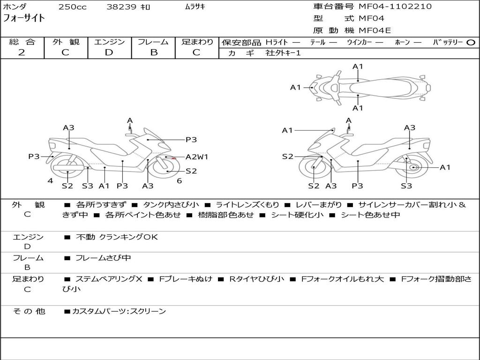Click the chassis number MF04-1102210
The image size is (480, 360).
tap(395, 7)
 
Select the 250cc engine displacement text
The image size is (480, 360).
tap(73, 7)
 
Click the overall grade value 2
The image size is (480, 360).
tap(22, 52)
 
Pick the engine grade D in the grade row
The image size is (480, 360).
tap(109, 52)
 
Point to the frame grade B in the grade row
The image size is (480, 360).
tap(154, 52)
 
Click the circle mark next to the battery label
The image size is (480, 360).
tap(471, 43)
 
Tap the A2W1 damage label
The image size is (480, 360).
tap(197, 157)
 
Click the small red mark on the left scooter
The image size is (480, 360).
tap(173, 158)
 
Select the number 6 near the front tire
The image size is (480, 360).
tap(180, 181)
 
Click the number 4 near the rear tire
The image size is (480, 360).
tap(51, 181)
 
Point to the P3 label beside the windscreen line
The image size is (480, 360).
tap(191, 140)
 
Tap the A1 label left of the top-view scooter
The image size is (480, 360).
tap(296, 88)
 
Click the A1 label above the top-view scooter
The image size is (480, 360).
tap(358, 67)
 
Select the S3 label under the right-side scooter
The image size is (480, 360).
tap(406, 186)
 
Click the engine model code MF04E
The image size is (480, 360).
tap(375, 30)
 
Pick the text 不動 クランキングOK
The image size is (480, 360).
tap(117, 237)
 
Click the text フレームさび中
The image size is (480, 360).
tap(103, 258)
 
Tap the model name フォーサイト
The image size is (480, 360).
tap(24, 18)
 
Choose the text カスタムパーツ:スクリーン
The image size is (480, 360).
tap(119, 311)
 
